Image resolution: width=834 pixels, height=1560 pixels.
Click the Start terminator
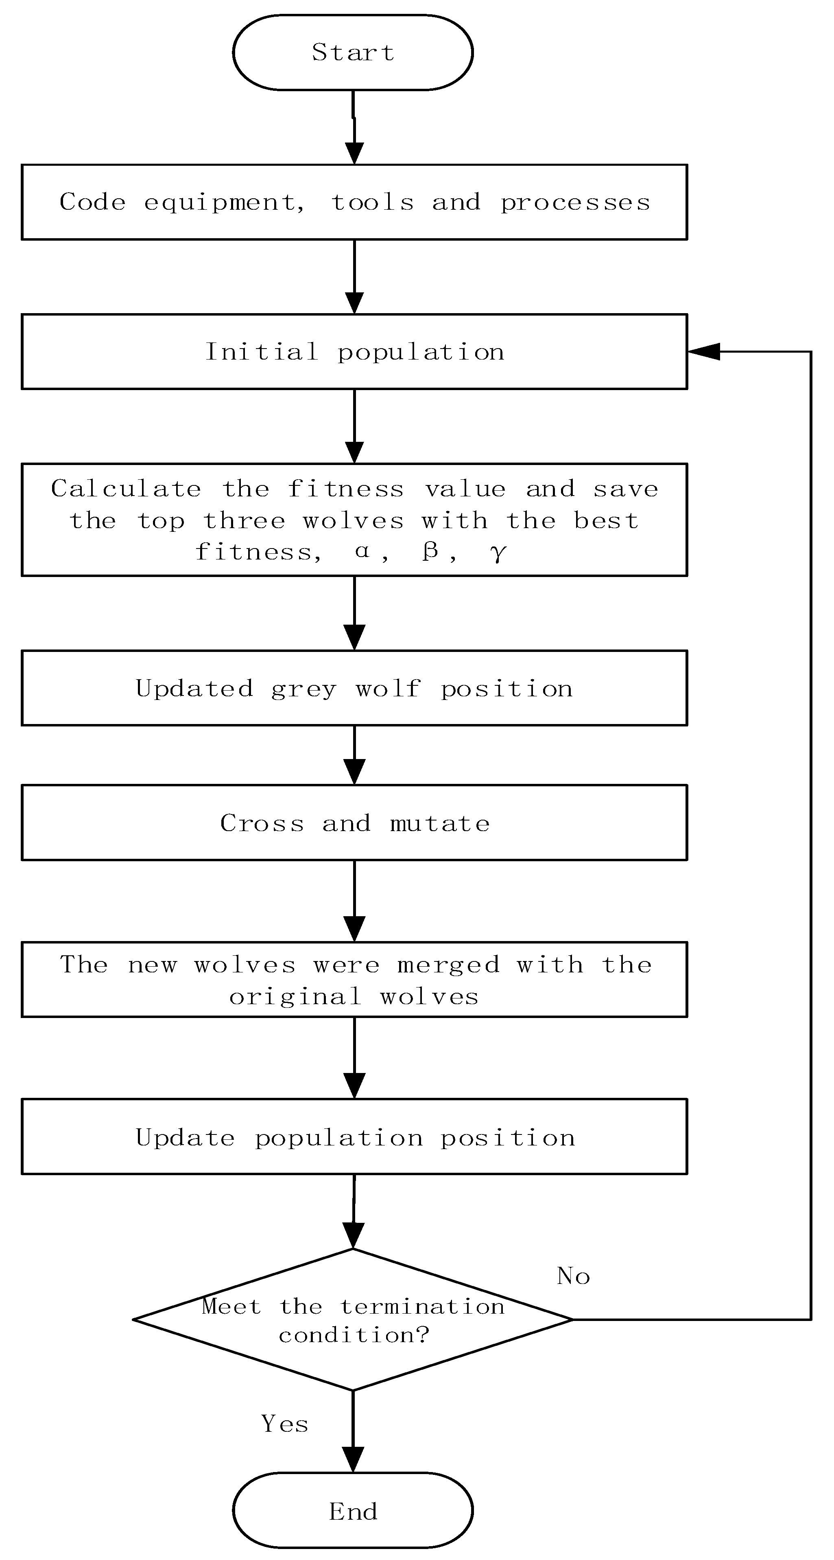point(353,53)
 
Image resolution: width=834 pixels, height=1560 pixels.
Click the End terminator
point(353,1512)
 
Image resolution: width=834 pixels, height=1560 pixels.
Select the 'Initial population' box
point(354,351)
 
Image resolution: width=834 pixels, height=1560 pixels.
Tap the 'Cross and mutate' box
point(354,823)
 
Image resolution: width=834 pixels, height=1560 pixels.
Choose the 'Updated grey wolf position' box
point(354,688)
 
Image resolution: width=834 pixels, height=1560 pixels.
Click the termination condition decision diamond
point(353,1320)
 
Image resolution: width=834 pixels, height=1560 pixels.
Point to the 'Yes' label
point(284,1423)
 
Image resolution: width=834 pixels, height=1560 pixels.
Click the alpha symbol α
point(362,551)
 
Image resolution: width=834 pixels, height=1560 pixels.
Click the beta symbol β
point(430,551)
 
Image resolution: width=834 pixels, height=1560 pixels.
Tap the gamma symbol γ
point(498,552)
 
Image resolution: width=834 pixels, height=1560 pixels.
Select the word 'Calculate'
point(126,489)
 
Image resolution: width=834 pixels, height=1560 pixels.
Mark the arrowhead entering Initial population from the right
point(703,351)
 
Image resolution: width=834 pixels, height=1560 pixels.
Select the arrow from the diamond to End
point(353,1432)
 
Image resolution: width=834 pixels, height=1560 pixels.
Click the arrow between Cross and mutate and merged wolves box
point(354,900)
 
